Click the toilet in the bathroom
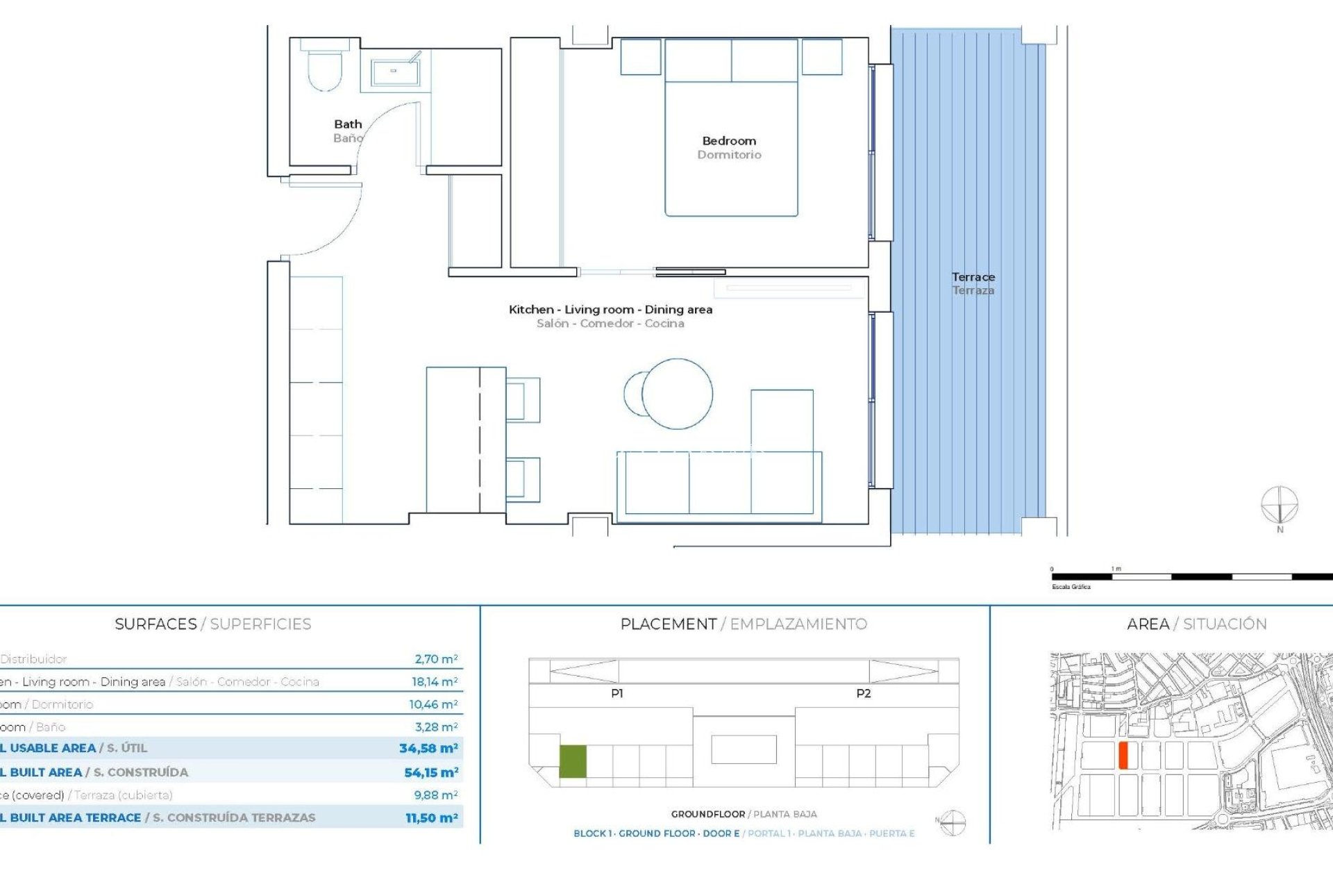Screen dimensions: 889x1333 (x=325, y=68)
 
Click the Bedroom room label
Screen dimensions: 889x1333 (x=729, y=141)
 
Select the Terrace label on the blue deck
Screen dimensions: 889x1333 (x=973, y=277)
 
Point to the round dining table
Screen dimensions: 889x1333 (x=676, y=393)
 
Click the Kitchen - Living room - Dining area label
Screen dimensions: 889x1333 (x=610, y=310)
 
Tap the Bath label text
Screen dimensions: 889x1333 (x=348, y=124)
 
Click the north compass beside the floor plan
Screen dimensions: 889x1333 (x=1279, y=506)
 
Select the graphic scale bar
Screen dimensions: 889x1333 (x=1191, y=576)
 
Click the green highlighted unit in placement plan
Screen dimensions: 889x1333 (x=573, y=761)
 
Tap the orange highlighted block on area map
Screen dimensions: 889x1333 (x=1123, y=755)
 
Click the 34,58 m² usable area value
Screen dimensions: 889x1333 (x=428, y=748)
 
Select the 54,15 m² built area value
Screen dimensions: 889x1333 (x=431, y=772)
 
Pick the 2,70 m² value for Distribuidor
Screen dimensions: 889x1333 (x=436, y=659)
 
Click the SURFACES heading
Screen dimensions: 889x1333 (x=156, y=624)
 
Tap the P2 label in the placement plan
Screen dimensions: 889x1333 (x=863, y=693)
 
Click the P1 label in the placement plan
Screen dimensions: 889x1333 (x=617, y=693)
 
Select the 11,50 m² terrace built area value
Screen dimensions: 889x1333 (x=431, y=818)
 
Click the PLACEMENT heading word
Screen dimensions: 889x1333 (x=668, y=624)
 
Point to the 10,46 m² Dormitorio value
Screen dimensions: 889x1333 (x=433, y=704)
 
